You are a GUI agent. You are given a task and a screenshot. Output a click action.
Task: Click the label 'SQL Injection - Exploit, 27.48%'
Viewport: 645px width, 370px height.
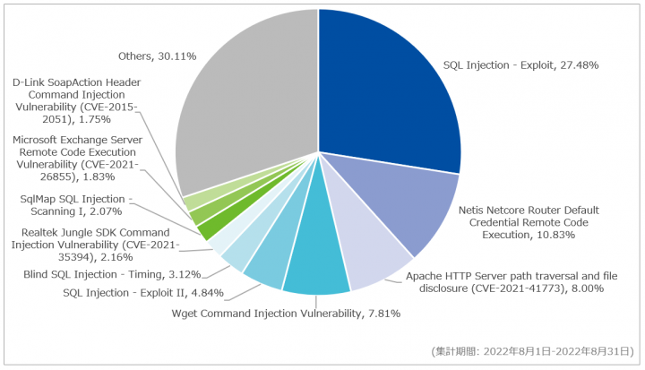pyautogui.click(x=520, y=65)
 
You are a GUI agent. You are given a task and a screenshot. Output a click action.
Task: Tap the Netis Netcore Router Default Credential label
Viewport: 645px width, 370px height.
pyautogui.click(x=528, y=221)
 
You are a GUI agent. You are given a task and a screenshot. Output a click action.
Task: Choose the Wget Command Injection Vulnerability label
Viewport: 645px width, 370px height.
pyautogui.click(x=286, y=314)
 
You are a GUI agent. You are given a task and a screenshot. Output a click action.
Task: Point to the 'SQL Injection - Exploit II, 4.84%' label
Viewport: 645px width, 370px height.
pyautogui.click(x=143, y=292)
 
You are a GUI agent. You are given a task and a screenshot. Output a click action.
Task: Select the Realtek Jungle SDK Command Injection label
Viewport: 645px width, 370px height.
pyautogui.click(x=94, y=245)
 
